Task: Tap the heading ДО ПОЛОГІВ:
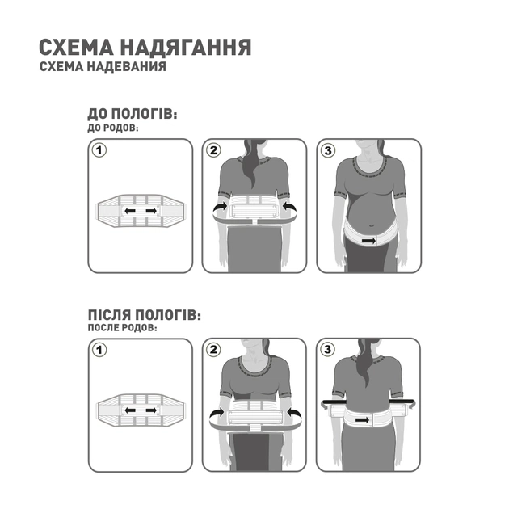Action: tap(132, 115)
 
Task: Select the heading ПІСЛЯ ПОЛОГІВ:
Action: tap(143, 315)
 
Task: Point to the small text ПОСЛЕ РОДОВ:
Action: tap(122, 328)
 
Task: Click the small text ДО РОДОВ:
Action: tap(112, 128)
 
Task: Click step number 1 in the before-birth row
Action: tap(99, 150)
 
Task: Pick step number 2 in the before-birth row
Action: tap(213, 150)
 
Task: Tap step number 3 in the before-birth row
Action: tap(327, 150)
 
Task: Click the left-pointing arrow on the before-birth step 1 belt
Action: tap(129, 212)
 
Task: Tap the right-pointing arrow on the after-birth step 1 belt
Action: tap(151, 411)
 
